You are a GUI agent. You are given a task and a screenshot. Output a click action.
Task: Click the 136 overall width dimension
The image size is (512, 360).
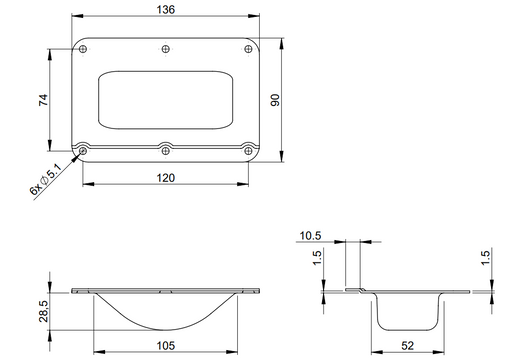click(167, 10)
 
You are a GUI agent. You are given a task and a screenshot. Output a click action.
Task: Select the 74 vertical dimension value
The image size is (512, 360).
click(42, 100)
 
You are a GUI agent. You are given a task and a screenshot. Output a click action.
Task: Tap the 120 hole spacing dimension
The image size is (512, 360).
click(166, 178)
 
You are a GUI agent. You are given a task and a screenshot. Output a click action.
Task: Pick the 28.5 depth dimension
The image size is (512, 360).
click(42, 311)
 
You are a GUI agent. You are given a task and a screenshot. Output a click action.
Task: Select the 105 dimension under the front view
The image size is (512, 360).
click(166, 347)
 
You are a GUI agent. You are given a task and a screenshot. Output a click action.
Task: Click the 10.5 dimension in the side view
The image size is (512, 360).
click(309, 237)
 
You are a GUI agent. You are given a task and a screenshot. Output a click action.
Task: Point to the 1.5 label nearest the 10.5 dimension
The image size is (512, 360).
click(317, 261)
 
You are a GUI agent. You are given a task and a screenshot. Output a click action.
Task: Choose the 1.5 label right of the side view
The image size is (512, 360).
click(485, 261)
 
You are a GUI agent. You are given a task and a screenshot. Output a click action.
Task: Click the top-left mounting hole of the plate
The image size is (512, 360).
click(84, 49)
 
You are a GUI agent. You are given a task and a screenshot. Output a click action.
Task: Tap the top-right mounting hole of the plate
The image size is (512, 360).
click(248, 49)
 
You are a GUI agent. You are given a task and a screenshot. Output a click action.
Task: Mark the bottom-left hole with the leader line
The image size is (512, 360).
click(84, 150)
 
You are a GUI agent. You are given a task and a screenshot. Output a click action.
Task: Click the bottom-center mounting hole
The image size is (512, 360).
click(166, 150)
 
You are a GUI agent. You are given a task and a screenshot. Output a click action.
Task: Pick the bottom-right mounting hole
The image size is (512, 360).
click(248, 150)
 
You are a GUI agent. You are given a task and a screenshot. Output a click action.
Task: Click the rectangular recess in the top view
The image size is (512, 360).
click(166, 99)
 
